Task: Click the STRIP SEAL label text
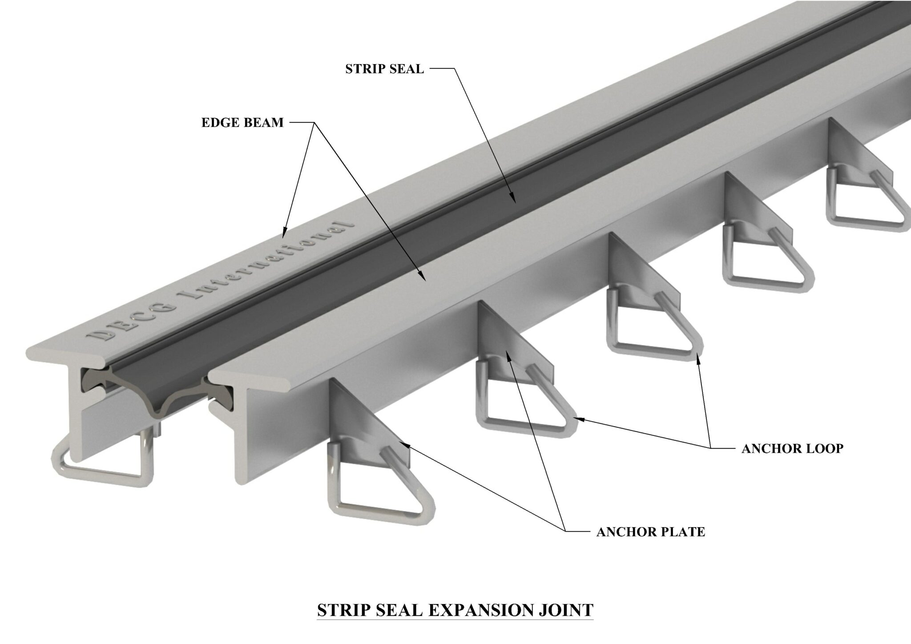[384, 69]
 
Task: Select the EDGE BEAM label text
[242, 123]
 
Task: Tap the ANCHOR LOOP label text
[792, 448]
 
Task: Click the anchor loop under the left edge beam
[102, 467]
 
